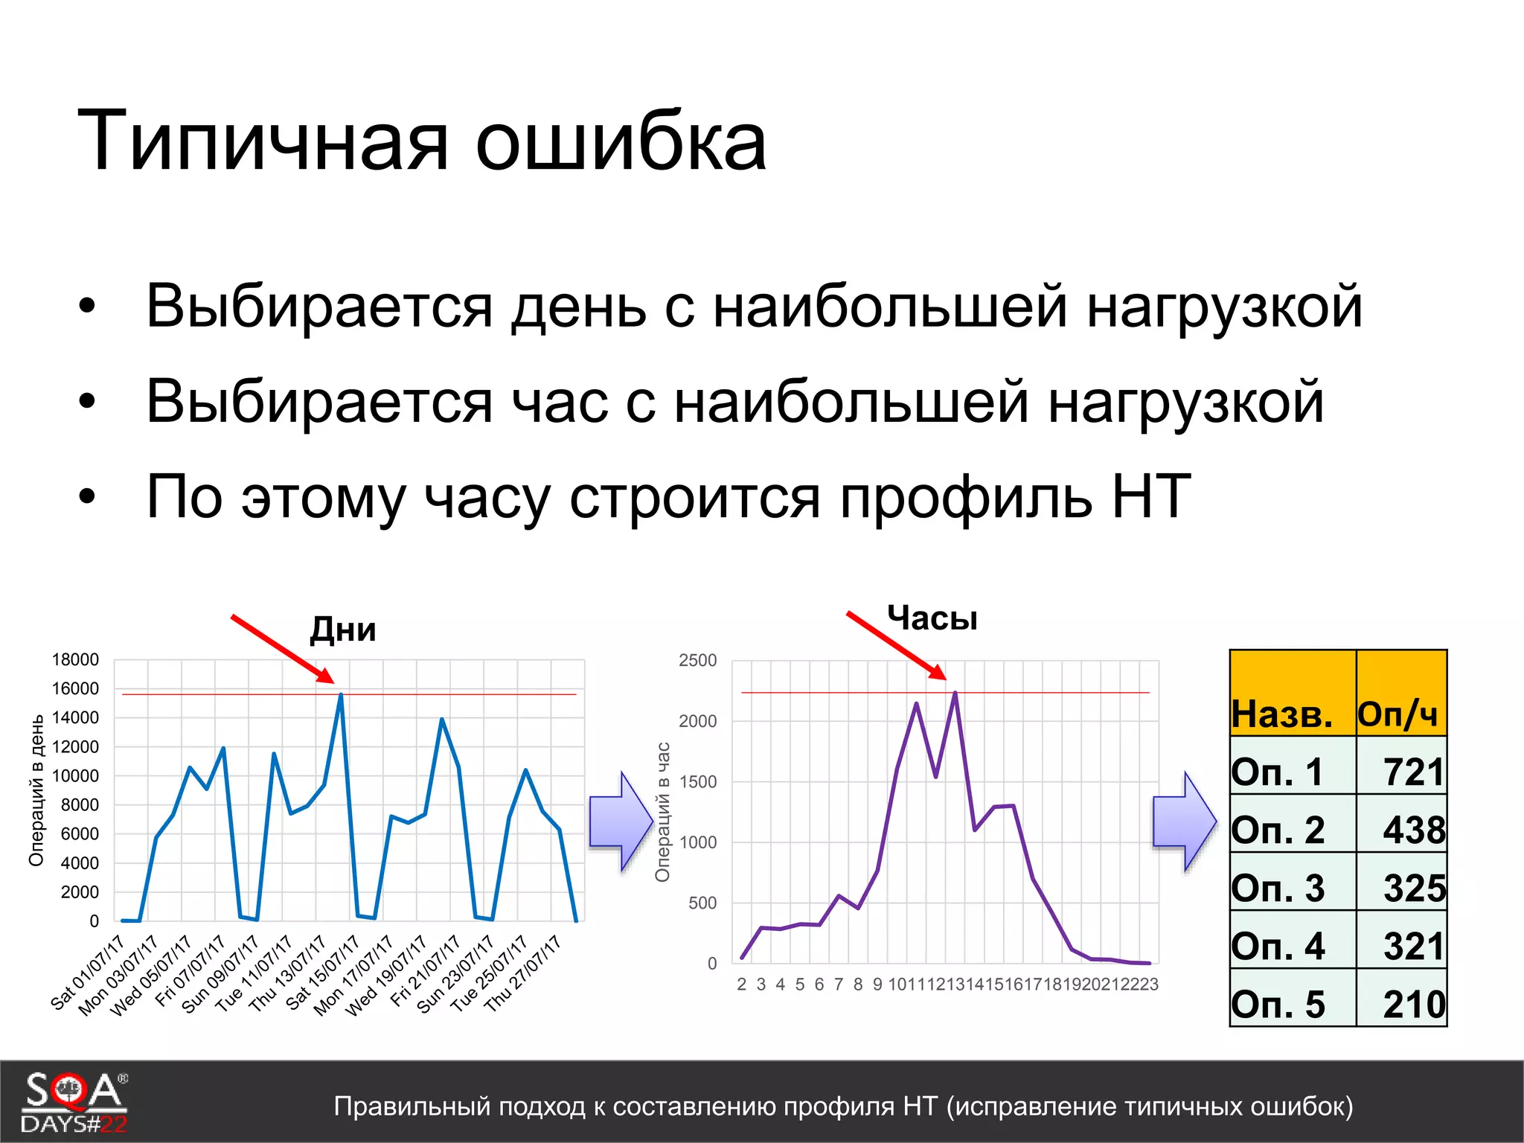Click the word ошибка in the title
click(621, 141)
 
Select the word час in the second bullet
click(560, 402)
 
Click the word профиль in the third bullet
click(966, 497)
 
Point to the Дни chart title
click(343, 630)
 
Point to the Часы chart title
click(932, 618)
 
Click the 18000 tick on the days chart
click(75, 659)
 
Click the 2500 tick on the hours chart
click(697, 660)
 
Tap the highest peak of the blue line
click(341, 694)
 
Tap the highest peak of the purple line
click(955, 693)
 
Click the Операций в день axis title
click(36, 790)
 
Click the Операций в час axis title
click(662, 811)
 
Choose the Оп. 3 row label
click(1278, 888)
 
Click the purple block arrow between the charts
click(621, 822)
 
